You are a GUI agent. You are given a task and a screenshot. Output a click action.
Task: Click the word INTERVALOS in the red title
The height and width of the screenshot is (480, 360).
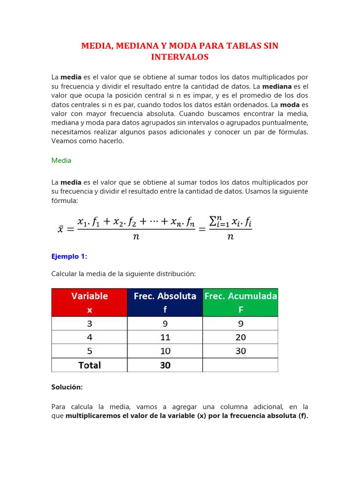[x=180, y=57]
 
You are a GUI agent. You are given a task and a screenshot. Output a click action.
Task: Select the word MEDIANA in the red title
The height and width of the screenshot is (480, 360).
[x=134, y=46]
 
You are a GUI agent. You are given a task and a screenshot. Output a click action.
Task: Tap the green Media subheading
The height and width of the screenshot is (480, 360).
[x=61, y=160]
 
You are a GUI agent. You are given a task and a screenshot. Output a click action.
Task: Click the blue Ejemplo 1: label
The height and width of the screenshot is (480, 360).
[x=69, y=256]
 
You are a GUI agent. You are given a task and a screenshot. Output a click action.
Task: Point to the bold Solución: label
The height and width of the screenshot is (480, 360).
[x=67, y=387]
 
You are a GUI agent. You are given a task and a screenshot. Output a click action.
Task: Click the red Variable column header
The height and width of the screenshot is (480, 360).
[x=89, y=302]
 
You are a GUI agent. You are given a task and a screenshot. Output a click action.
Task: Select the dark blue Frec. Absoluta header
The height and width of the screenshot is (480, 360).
[x=165, y=302]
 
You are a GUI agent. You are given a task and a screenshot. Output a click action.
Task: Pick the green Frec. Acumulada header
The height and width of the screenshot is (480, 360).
[x=240, y=302]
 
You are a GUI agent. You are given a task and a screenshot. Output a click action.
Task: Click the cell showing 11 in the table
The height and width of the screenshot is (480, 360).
[x=165, y=337]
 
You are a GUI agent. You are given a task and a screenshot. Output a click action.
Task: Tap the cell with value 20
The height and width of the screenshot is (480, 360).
[x=240, y=337]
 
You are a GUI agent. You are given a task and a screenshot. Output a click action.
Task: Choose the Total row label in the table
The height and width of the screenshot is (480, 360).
[x=89, y=365]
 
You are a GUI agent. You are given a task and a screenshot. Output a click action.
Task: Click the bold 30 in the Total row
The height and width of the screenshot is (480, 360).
[x=165, y=365]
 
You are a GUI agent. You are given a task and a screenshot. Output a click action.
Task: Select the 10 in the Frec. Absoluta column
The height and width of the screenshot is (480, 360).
[x=165, y=351]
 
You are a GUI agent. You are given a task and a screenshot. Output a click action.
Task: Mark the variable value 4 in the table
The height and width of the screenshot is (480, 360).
[x=89, y=337]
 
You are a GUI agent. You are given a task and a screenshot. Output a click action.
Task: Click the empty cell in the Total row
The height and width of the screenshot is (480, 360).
[x=240, y=365]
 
